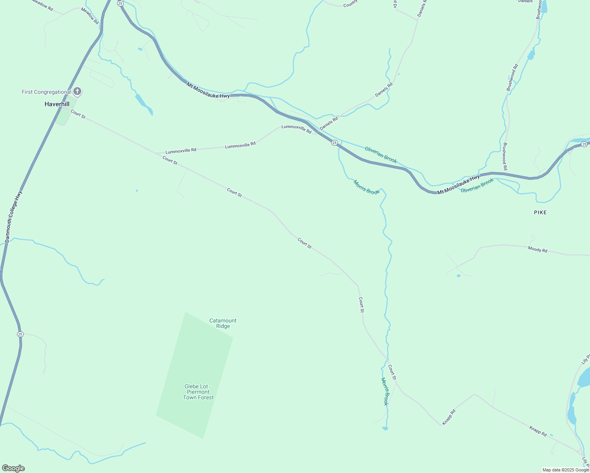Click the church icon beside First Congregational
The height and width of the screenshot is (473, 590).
coord(77,92)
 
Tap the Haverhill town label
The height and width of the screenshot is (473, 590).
coord(57,104)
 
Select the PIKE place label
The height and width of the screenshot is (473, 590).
coord(540,212)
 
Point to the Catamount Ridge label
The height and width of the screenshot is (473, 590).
coord(223,323)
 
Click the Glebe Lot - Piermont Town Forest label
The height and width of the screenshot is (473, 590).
coord(198,392)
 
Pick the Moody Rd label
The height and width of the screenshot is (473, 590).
coord(538,250)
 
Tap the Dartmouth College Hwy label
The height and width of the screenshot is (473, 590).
coord(13,216)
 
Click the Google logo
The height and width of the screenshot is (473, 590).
coord(13,468)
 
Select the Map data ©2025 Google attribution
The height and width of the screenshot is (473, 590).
coord(565,470)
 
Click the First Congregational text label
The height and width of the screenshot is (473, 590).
coord(46,92)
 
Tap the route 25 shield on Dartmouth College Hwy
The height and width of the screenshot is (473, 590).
coord(20,334)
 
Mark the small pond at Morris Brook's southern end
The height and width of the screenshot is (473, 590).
coord(385,428)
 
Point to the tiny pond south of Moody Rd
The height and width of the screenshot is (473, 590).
coord(458,276)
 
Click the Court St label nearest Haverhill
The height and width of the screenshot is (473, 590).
coord(78,114)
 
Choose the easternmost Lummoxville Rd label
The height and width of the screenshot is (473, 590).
coord(296,129)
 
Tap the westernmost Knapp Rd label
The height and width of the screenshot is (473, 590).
coord(449,417)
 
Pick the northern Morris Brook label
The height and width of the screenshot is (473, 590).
coord(366,187)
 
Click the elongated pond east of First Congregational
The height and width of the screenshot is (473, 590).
coord(144,103)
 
